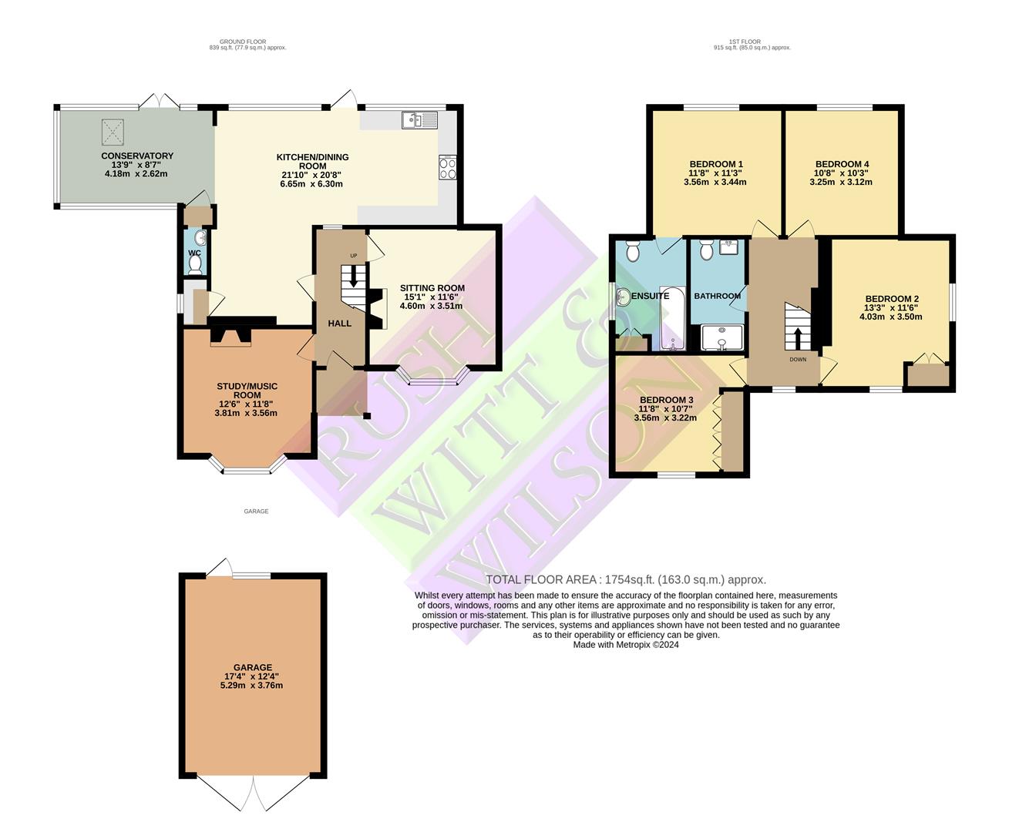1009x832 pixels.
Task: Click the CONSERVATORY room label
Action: pyautogui.click(x=137, y=156)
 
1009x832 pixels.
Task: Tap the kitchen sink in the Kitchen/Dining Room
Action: pyautogui.click(x=419, y=120)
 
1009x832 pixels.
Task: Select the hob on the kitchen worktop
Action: pyautogui.click(x=447, y=167)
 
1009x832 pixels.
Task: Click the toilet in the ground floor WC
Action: pyautogui.click(x=195, y=264)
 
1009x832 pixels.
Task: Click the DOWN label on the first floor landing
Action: pyautogui.click(x=797, y=359)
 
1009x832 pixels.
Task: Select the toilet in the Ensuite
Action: pyautogui.click(x=633, y=250)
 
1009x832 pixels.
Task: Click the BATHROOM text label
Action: pyautogui.click(x=717, y=296)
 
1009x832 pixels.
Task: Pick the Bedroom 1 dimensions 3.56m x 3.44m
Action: pyautogui.click(x=715, y=183)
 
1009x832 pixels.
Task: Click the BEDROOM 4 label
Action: pyautogui.click(x=842, y=164)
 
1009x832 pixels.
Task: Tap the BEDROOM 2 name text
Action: pyautogui.click(x=891, y=299)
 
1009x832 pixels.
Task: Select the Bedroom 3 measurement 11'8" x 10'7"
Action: pyautogui.click(x=665, y=409)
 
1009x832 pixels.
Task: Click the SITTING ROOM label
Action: pyautogui.click(x=432, y=288)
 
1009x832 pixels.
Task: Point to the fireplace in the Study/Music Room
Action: pyautogui.click(x=230, y=335)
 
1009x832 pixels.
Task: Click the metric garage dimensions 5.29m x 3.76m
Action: pyautogui.click(x=252, y=685)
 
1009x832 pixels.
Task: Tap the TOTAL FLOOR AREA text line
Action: pyautogui.click(x=625, y=580)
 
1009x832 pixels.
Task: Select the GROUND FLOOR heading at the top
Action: pyautogui.click(x=242, y=42)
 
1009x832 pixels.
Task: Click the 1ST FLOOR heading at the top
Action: pyautogui.click(x=752, y=42)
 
